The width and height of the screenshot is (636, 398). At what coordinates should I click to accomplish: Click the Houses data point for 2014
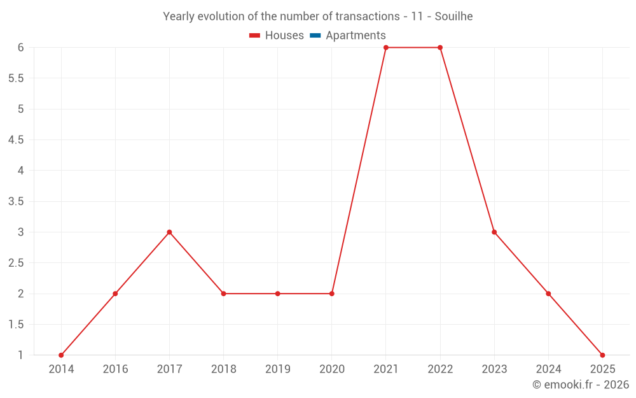61,355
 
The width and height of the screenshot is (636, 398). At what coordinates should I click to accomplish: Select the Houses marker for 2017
169,232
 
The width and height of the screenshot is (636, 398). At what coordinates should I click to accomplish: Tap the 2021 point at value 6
386,48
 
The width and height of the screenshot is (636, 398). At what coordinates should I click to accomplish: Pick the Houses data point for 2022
440,48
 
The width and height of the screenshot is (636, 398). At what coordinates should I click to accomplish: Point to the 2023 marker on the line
494,232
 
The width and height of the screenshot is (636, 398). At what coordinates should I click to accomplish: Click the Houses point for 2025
602,355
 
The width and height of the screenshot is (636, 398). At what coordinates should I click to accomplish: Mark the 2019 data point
277,294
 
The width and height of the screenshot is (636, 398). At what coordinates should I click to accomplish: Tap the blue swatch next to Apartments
315,36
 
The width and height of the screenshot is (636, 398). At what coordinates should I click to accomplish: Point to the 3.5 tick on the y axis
16,201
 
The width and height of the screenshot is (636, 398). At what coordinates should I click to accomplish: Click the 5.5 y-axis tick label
16,78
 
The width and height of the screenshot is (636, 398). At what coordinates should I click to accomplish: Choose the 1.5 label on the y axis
16,325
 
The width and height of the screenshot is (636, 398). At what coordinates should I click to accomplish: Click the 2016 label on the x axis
115,369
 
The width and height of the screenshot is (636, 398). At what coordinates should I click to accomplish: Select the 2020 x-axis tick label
332,369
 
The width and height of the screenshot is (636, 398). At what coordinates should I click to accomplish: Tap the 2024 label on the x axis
548,369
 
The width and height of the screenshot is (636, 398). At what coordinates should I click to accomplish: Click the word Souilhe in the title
453,17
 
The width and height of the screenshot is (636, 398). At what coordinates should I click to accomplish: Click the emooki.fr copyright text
581,385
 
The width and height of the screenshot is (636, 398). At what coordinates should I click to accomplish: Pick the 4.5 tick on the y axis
16,140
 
